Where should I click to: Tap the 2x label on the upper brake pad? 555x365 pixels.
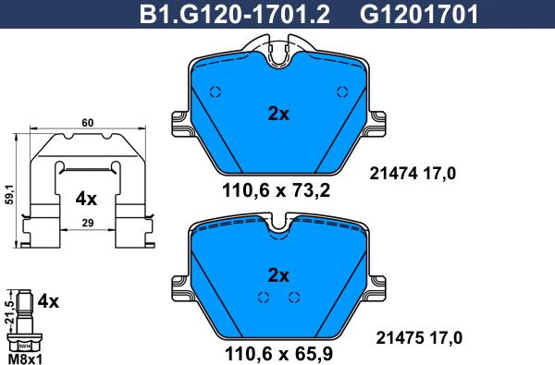click(278, 115)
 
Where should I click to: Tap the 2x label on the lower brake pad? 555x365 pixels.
click(278, 274)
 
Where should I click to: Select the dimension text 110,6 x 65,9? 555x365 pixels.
click(277, 351)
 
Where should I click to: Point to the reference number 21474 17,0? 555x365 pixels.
click(413, 173)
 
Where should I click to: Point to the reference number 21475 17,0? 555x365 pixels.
click(413, 338)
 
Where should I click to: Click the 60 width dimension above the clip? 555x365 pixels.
click(88, 123)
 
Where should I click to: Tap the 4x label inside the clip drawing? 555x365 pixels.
click(86, 199)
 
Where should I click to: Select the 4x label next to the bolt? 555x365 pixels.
click(48, 301)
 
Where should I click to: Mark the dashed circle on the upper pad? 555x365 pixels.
click(216, 91)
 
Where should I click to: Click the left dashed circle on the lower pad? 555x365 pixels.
click(263, 297)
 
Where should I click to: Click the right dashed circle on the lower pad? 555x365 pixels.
click(294, 297)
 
